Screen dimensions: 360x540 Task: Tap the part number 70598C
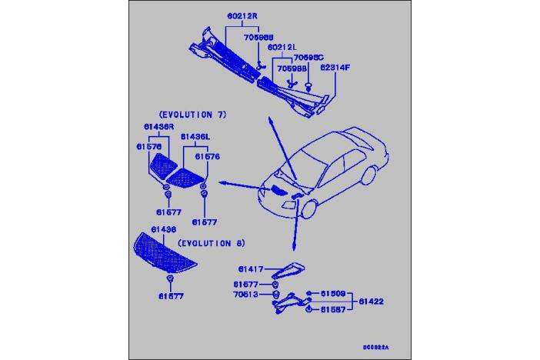click(308, 58)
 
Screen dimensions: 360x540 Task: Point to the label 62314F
click(335, 68)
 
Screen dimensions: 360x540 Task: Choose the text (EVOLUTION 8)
click(211, 243)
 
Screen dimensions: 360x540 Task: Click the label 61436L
click(195, 136)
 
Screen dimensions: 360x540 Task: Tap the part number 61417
click(251, 269)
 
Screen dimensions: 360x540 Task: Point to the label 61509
click(333, 293)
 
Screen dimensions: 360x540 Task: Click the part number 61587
click(333, 309)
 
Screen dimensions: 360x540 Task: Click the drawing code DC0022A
click(378, 347)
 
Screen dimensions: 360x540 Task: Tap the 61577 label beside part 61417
click(251, 283)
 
